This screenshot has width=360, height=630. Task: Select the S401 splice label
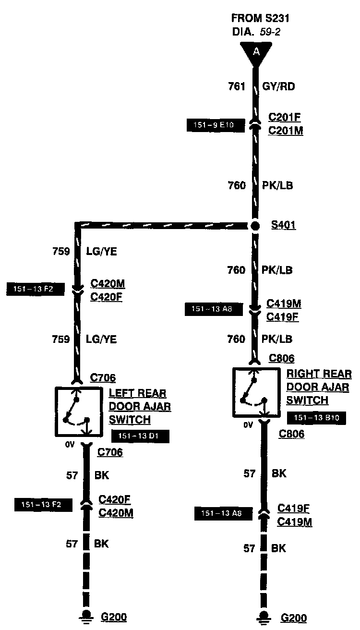tap(283, 225)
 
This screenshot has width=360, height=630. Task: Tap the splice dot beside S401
tap(255, 226)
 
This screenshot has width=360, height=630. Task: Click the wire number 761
tap(237, 87)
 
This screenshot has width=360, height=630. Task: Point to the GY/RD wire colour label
tap(278, 87)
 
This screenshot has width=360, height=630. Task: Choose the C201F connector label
tap(285, 117)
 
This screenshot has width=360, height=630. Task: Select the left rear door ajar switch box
tap(78, 411)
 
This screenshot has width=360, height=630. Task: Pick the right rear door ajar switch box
tap(256, 392)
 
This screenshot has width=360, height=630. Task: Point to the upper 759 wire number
tap(61, 251)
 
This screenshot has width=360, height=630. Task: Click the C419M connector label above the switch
tap(284, 303)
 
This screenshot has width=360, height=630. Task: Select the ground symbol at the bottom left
tap(87, 616)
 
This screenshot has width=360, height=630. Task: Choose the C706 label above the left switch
tap(103, 378)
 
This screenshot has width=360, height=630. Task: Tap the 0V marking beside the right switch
tap(248, 424)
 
